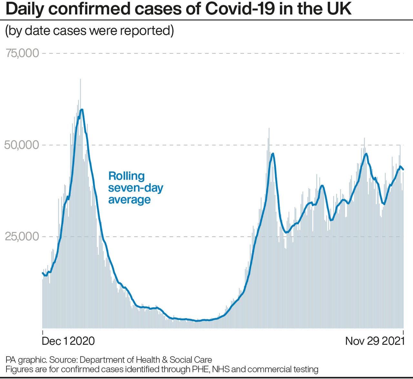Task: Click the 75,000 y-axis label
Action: [22, 53]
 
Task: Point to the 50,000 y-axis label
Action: [22, 145]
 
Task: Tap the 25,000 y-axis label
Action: [22, 237]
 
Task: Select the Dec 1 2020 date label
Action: [68, 341]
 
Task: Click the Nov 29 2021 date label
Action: [375, 341]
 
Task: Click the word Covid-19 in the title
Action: [240, 9]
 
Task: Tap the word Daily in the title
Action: [25, 9]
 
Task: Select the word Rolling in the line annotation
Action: [126, 176]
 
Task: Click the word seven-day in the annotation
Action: [136, 188]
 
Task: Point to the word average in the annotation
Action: [129, 200]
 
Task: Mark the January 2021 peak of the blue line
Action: [82, 110]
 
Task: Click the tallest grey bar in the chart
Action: [80, 81]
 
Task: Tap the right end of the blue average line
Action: [403, 169]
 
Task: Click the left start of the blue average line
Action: [43, 273]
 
